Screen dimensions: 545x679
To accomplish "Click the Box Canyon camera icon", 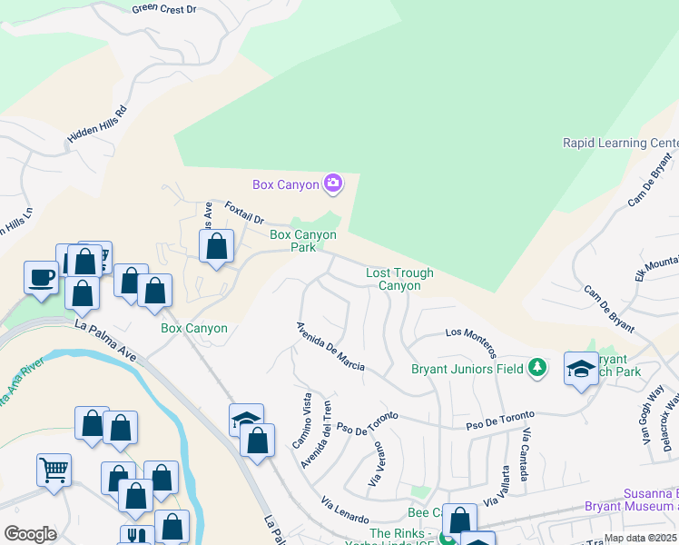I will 333,184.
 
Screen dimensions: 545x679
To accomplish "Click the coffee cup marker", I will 42,276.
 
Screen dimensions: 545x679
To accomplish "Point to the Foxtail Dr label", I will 244,213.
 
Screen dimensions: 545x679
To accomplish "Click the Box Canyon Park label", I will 303,241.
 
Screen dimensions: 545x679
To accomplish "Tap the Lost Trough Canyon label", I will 399,279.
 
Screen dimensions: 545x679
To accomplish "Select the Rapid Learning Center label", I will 620,143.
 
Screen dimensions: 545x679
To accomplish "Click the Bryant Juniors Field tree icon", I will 538,368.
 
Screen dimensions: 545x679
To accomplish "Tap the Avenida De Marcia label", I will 331,346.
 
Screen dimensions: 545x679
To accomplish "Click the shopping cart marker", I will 54,471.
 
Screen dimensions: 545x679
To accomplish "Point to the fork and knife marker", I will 136,536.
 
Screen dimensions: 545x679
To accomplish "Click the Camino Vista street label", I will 301,419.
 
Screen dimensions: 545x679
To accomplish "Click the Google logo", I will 30,533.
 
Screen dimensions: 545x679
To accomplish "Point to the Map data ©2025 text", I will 640,538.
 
